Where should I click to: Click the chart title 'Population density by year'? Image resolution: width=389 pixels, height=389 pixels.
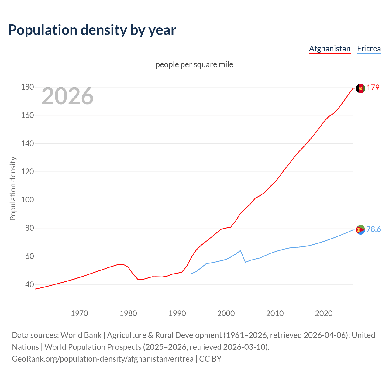(x=92, y=30)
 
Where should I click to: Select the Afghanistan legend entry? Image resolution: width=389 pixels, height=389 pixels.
(x=330, y=49)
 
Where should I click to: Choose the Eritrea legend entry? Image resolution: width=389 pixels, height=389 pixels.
(x=369, y=49)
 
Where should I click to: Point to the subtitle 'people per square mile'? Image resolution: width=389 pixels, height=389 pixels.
(x=194, y=64)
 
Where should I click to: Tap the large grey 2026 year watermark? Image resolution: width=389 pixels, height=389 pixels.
(x=67, y=96)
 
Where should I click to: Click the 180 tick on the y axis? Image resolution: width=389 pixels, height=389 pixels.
(x=27, y=87)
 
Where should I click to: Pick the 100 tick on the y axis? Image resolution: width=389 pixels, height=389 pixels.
(x=27, y=200)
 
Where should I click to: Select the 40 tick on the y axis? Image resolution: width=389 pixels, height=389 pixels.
(x=29, y=284)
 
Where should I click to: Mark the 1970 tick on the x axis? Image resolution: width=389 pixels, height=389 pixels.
(x=79, y=313)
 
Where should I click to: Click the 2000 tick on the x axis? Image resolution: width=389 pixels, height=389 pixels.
(x=226, y=313)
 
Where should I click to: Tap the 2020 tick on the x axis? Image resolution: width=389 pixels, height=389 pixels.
(x=324, y=313)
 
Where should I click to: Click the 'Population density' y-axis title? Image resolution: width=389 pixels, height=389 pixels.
(x=13, y=188)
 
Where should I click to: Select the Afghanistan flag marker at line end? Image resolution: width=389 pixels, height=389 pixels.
(x=360, y=88)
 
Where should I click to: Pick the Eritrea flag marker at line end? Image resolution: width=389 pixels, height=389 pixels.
(x=360, y=230)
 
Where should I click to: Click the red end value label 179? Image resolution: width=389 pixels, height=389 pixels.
(x=373, y=88)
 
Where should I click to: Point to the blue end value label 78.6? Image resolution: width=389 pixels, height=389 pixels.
(x=374, y=229)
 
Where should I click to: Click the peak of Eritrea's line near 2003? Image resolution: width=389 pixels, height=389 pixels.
(x=240, y=250)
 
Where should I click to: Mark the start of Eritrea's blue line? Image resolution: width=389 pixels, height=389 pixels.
(x=192, y=274)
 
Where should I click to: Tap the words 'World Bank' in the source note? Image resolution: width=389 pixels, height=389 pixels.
(x=81, y=335)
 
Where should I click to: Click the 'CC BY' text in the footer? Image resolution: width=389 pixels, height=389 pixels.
(x=210, y=359)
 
